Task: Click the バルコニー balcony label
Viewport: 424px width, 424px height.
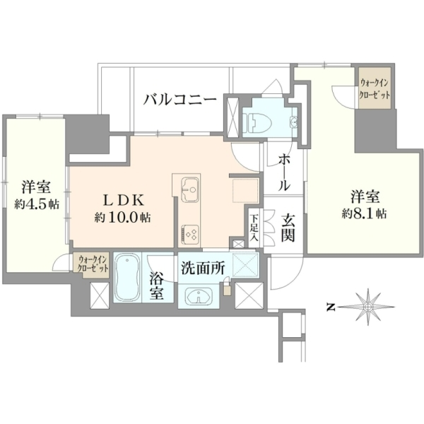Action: (180, 100)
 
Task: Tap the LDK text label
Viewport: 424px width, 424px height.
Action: (124, 201)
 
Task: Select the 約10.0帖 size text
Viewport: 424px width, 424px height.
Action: (122, 217)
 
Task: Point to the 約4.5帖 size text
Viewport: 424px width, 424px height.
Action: (37, 204)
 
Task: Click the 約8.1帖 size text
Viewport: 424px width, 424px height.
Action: (364, 213)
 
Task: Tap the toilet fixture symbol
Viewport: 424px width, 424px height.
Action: (253, 123)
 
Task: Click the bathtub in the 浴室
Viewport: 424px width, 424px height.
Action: (127, 278)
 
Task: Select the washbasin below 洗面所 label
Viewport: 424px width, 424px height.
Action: (199, 295)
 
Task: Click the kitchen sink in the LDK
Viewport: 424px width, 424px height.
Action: (189, 189)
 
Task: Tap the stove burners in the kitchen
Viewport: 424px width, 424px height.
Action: (190, 234)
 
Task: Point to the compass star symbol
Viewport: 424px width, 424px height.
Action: (368, 307)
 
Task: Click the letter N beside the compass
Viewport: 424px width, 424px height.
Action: (330, 307)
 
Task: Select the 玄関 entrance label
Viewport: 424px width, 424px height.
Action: (288, 228)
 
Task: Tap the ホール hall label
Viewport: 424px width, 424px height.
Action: (284, 172)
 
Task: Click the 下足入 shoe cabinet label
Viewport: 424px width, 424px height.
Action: (254, 228)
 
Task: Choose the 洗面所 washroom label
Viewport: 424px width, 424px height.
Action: (203, 269)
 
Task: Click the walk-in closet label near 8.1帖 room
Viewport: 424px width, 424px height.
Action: (375, 89)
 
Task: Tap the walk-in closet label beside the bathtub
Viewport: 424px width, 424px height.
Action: (93, 264)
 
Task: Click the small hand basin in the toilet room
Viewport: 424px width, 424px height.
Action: (293, 122)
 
